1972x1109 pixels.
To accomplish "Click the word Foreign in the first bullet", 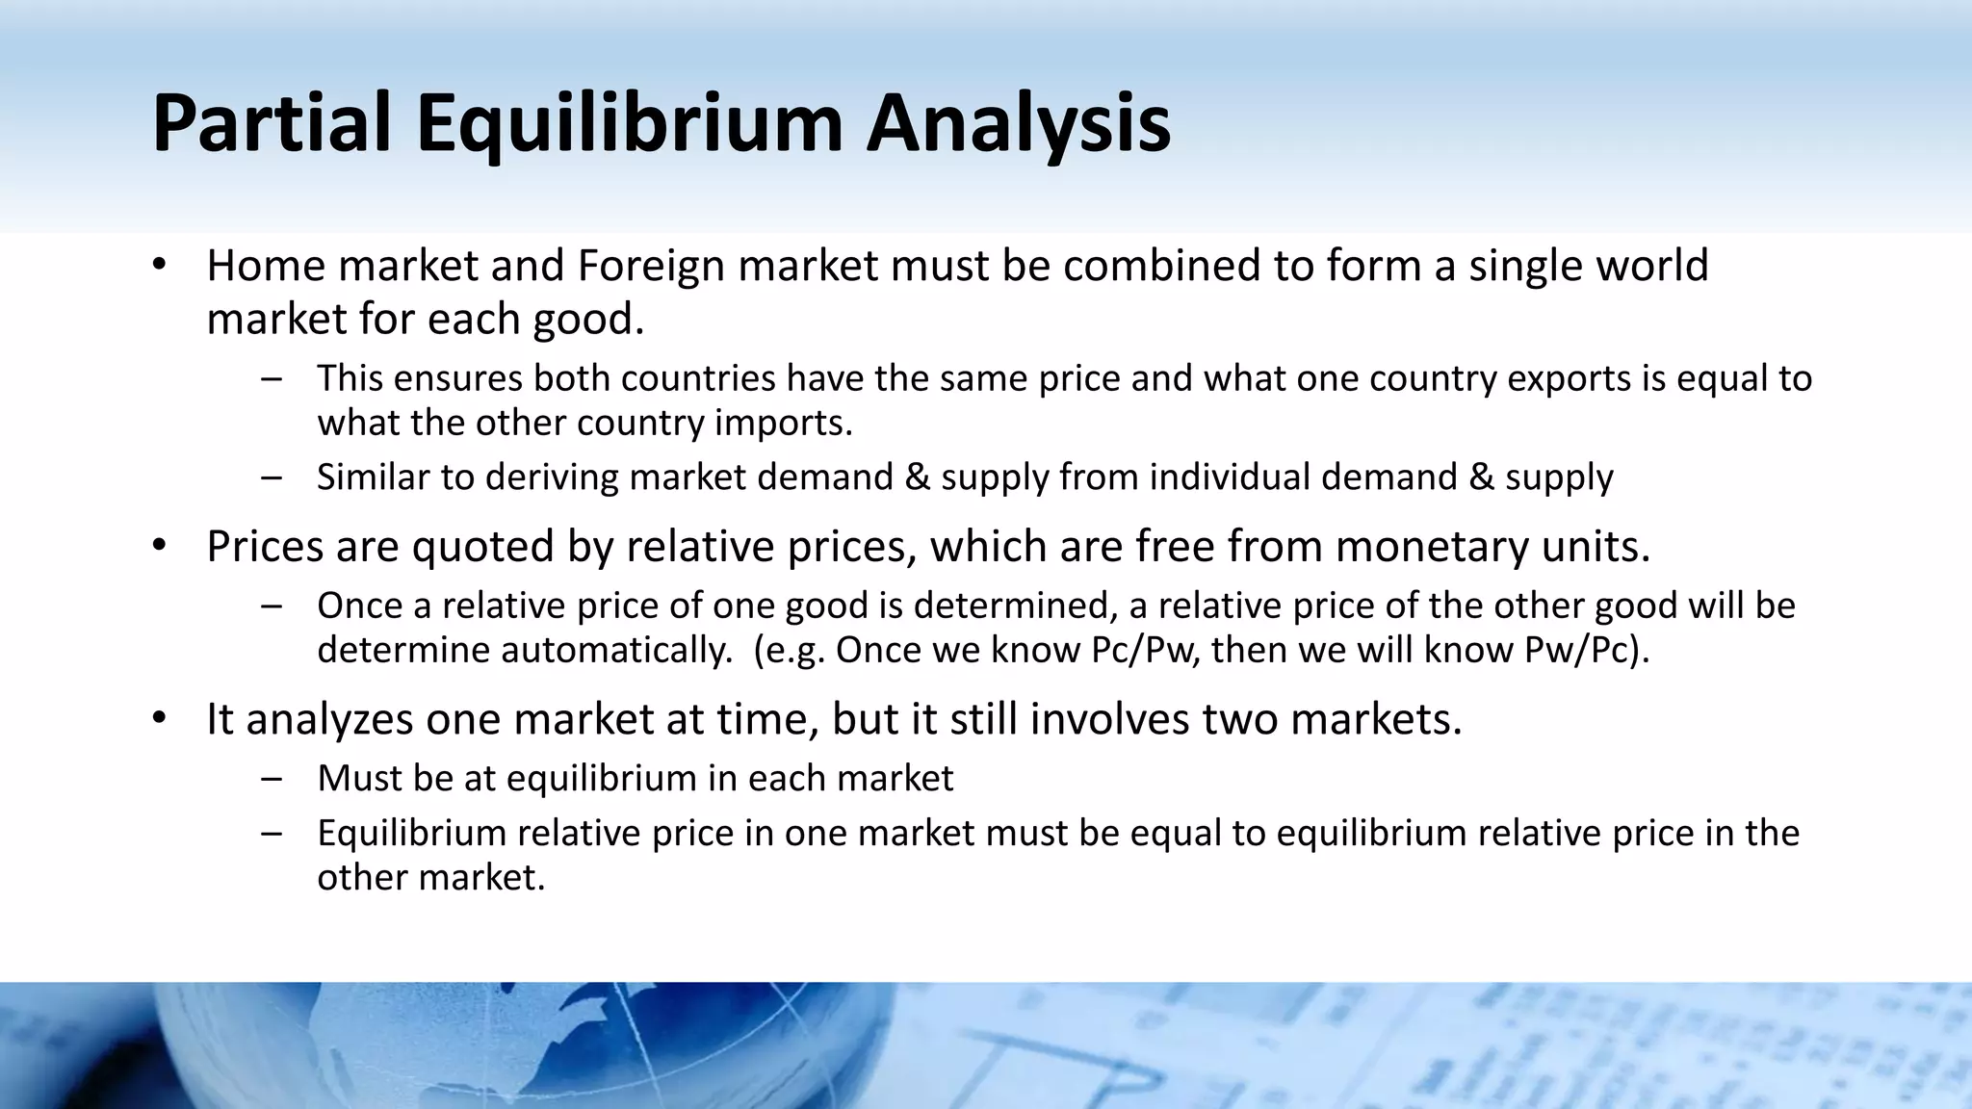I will [x=650, y=266].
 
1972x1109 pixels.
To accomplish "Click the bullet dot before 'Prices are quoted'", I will [x=160, y=546].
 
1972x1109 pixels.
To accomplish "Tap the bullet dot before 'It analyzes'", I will [x=160, y=719].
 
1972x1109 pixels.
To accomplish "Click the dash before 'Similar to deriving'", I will [x=271, y=477].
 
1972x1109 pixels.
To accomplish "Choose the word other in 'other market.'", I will [x=360, y=877].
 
